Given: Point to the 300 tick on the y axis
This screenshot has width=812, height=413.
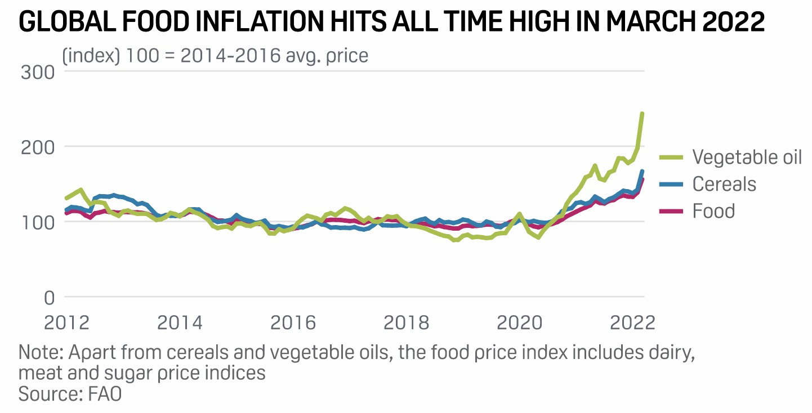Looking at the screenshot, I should (x=38, y=72).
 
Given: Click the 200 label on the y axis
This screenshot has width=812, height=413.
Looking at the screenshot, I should (x=38, y=147).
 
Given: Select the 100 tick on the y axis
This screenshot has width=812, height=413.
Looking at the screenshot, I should (x=38, y=222).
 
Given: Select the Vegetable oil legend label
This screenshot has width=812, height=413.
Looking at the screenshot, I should (x=747, y=157).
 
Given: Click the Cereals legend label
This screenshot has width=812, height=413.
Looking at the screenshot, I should (x=724, y=184).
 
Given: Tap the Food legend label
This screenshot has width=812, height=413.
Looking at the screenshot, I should (x=713, y=211).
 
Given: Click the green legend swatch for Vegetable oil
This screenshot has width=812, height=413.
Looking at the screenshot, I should (x=670, y=157).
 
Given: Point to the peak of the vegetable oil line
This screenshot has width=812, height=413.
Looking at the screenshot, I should (x=643, y=114).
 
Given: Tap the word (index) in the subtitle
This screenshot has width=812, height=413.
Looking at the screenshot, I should (x=91, y=56).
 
